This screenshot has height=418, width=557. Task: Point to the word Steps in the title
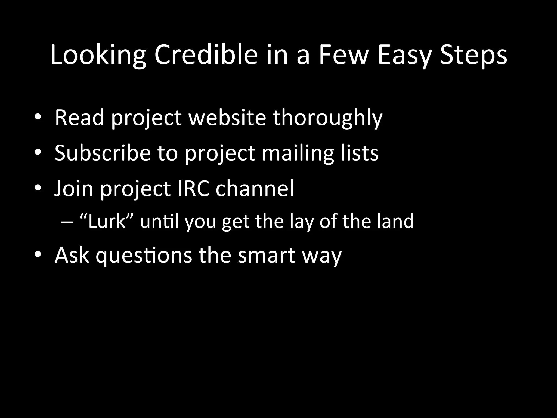coord(474,55)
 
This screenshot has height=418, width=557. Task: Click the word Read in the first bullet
coord(79,118)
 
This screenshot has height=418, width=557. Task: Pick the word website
coord(227,118)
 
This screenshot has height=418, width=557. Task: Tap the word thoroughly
coord(328,118)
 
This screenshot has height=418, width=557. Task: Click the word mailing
coord(298,153)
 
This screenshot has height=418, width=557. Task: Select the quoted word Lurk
coord(106,221)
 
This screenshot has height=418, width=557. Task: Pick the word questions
coord(144,256)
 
